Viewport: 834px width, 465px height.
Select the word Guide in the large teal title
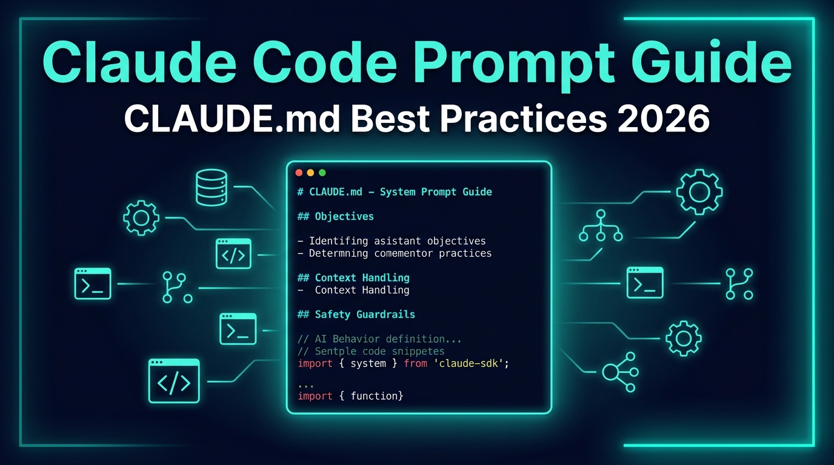(x=712, y=61)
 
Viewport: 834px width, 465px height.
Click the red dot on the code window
(x=299, y=173)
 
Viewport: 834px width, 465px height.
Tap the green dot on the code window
(x=322, y=173)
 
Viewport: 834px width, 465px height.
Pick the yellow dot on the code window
(x=310, y=173)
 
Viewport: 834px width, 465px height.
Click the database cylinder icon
(x=212, y=188)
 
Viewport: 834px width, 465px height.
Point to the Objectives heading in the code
(x=335, y=217)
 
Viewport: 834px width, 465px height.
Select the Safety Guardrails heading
(x=356, y=315)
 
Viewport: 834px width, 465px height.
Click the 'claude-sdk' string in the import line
(x=469, y=363)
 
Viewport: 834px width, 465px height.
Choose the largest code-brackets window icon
(x=174, y=381)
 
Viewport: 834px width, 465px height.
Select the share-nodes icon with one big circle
(x=620, y=372)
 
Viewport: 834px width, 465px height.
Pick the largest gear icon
(x=699, y=192)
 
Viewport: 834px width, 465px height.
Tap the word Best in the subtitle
(x=391, y=119)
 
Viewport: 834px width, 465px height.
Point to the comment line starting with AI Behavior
(x=379, y=339)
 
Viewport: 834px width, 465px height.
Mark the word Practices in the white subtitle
(x=523, y=119)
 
